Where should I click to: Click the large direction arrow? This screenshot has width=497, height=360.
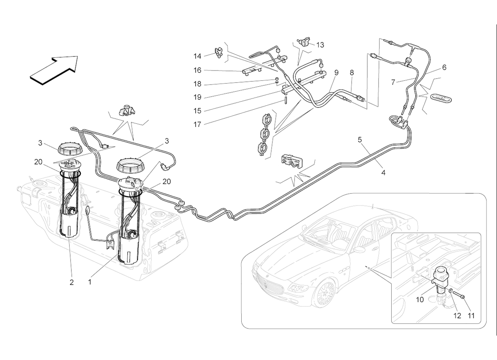tap(54, 70)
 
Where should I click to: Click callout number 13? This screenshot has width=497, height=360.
tap(320, 45)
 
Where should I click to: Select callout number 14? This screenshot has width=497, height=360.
tap(197, 56)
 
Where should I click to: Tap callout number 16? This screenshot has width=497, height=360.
tap(197, 70)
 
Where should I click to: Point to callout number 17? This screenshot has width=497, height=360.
tap(197, 125)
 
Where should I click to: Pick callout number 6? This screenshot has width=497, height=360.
tap(444, 67)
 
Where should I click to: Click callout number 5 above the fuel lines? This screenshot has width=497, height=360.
tap(360, 140)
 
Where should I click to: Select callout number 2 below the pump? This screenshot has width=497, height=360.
tap(72, 282)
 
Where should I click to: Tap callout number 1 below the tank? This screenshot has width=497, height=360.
tap(90, 281)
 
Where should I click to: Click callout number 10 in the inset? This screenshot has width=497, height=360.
tap(420, 299)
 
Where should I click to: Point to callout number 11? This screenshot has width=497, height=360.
tap(471, 316)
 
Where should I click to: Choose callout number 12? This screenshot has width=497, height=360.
tap(457, 316)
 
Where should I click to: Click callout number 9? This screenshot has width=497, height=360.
tap(336, 73)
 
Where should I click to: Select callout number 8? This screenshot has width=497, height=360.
tap(352, 73)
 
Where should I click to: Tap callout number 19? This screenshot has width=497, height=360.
tap(197, 97)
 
